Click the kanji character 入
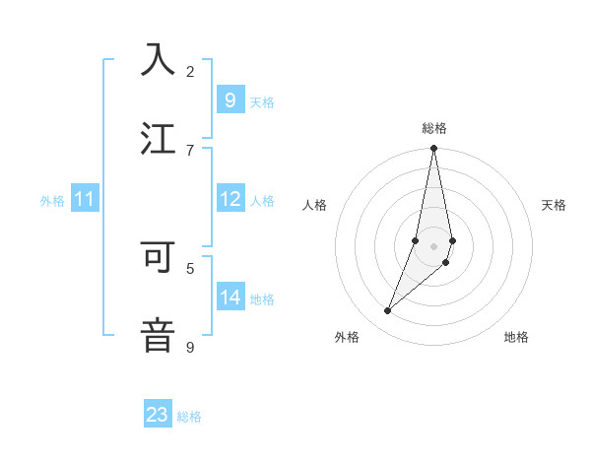(x=158, y=59)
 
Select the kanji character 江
(x=158, y=138)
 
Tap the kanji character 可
(x=158, y=256)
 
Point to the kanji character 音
(x=158, y=335)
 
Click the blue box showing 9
(x=230, y=99)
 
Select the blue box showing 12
(x=230, y=199)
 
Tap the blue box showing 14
(x=230, y=298)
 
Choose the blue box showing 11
(x=84, y=199)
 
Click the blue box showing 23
(x=158, y=415)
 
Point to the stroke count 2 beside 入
(x=190, y=71)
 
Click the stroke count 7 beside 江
(x=190, y=150)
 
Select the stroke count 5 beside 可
(x=190, y=267)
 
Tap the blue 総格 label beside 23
(x=189, y=417)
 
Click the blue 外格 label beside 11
(x=52, y=201)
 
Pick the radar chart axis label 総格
(x=434, y=128)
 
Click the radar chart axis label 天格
(x=554, y=205)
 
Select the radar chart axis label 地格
(x=516, y=337)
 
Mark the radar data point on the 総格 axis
(x=433, y=149)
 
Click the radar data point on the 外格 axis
(x=387, y=311)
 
